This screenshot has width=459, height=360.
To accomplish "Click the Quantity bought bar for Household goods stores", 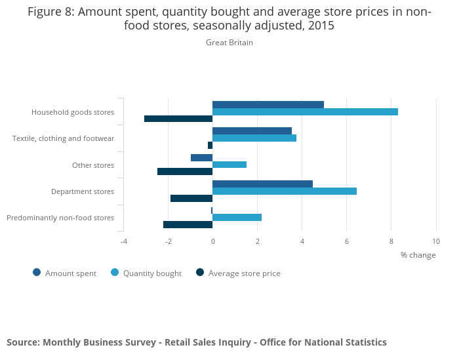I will (x=305, y=111).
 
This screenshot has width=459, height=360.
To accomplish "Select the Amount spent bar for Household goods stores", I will (x=268, y=104).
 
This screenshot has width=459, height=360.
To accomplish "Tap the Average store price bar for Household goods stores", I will (x=178, y=119).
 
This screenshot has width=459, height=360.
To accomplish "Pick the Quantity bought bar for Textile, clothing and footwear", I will (x=254, y=138).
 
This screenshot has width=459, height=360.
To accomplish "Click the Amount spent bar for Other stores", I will (x=202, y=157).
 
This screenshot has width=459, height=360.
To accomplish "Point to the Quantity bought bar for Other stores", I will (x=229, y=165).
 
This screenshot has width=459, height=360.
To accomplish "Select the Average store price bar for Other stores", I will (x=185, y=172).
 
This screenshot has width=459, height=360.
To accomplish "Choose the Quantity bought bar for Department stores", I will (x=285, y=191).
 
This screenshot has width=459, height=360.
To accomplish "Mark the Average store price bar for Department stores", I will (x=191, y=198).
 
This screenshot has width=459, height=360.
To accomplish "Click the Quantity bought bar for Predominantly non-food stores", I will (x=237, y=217).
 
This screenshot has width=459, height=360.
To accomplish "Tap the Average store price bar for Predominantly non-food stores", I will (x=188, y=224).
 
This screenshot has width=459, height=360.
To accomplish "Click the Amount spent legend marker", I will (x=37, y=273).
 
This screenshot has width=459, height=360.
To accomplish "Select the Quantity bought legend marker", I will (x=115, y=273).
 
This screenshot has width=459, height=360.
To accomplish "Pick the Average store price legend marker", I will (x=200, y=273).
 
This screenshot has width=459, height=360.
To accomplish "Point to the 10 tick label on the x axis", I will (x=436, y=241).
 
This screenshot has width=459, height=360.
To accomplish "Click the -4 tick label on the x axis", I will (x=123, y=241).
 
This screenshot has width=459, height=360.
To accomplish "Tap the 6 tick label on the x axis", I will (x=347, y=241).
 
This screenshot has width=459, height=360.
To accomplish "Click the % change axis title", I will (x=418, y=255).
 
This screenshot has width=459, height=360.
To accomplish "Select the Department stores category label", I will (x=83, y=191).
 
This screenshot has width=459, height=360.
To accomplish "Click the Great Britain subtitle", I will (x=229, y=43).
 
